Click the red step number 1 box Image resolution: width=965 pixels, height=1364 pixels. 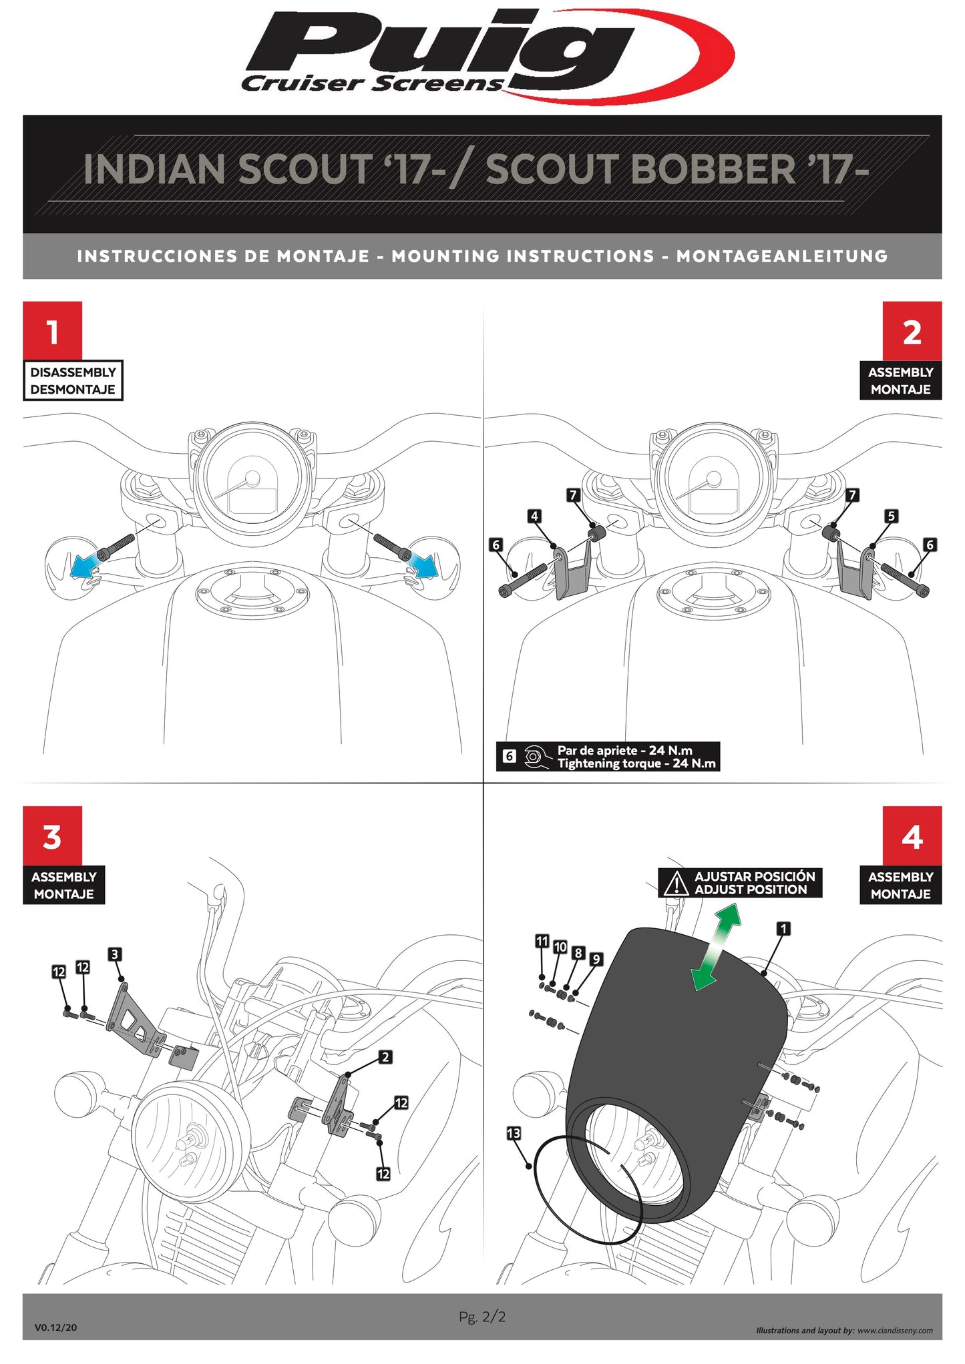52,331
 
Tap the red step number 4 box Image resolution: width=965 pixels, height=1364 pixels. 912,835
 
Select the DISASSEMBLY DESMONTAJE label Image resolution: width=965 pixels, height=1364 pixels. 73,380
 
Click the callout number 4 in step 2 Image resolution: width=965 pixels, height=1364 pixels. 534,516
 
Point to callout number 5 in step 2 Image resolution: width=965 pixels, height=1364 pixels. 891,516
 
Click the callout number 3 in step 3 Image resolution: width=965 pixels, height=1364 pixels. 115,954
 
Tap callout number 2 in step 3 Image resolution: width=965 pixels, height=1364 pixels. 385,1057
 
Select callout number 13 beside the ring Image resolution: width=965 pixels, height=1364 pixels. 514,1134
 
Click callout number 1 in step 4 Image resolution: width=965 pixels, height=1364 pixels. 784,928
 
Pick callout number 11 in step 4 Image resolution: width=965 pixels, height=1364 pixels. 542,941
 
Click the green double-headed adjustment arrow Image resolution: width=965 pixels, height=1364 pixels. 716,947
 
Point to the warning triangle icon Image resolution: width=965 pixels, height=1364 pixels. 677,883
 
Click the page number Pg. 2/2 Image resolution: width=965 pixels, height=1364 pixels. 482,1317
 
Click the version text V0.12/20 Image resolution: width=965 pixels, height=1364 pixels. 55,1327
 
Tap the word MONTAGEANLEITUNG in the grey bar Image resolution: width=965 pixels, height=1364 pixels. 782,256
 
